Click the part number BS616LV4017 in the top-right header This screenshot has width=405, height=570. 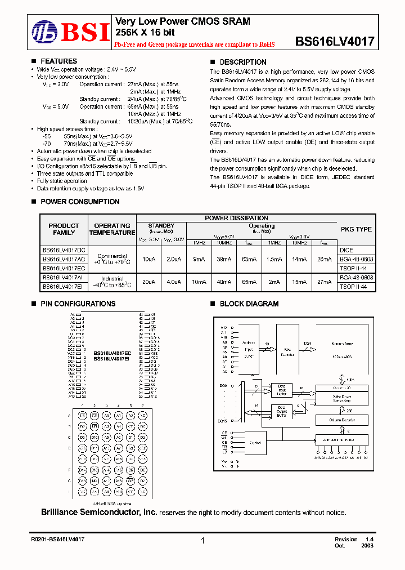click(x=335, y=42)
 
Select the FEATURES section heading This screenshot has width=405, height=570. click(x=58, y=61)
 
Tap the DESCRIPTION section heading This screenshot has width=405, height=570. click(x=242, y=62)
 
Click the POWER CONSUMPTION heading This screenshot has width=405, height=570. click(x=80, y=202)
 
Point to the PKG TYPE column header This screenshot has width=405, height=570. click(x=356, y=229)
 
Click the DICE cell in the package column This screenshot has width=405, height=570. click(x=346, y=250)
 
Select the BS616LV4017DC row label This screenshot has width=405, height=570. click(x=64, y=250)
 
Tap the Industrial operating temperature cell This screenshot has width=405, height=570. click(x=112, y=282)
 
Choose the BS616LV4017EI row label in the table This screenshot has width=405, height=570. click(x=64, y=287)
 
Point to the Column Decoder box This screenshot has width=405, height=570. click(x=341, y=420)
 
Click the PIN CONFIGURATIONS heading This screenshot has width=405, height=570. click(x=78, y=304)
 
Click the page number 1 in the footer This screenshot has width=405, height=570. click(x=202, y=541)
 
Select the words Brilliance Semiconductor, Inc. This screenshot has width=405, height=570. click(x=99, y=512)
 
